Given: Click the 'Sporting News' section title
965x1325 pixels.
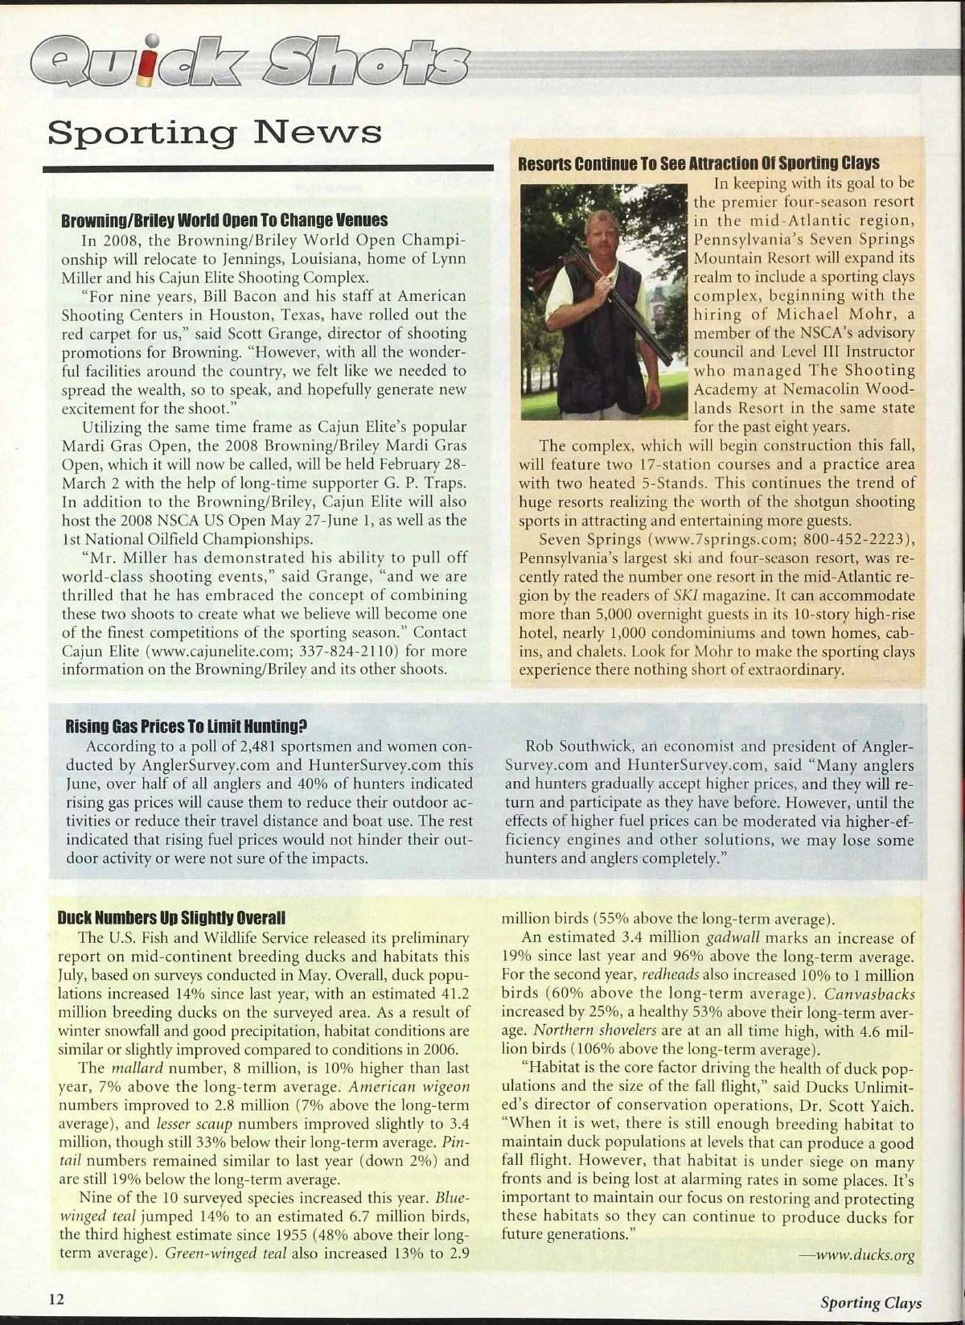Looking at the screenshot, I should [215, 131].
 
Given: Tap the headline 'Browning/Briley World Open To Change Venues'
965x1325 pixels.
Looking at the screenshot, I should [224, 220].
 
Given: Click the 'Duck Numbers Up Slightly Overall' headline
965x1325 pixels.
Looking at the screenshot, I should [171, 918].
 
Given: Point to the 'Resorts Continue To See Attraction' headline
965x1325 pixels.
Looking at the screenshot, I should [698, 164].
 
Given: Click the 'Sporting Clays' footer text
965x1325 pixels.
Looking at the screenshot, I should [871, 1302].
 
